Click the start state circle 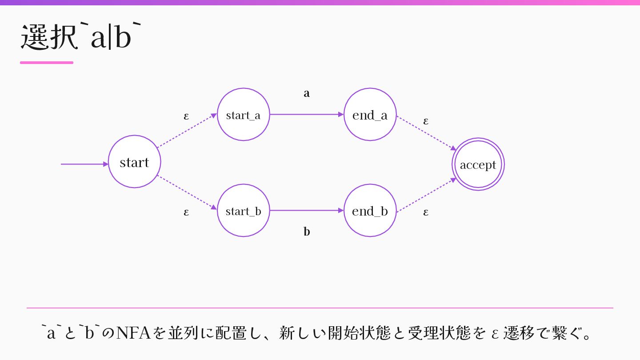pyautogui.click(x=134, y=161)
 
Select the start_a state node pyautogui.click(x=243, y=114)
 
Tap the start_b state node pyautogui.click(x=243, y=210)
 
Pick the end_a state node pyautogui.click(x=370, y=114)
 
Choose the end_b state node pyautogui.click(x=370, y=210)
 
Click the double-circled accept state pyautogui.click(x=478, y=164)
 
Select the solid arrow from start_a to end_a pyautogui.click(x=307, y=114)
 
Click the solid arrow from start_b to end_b pyautogui.click(x=307, y=210)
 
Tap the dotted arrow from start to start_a pyautogui.click(x=187, y=131)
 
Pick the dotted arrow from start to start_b pyautogui.click(x=187, y=192)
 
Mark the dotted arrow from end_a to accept pyautogui.click(x=426, y=133)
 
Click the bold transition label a pyautogui.click(x=307, y=93)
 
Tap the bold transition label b pyautogui.click(x=307, y=232)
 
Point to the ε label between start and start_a pyautogui.click(x=186, y=116)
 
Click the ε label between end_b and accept pyautogui.click(x=426, y=212)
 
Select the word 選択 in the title pyautogui.click(x=49, y=37)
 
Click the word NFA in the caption pyautogui.click(x=133, y=332)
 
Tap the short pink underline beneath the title pyautogui.click(x=47, y=63)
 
